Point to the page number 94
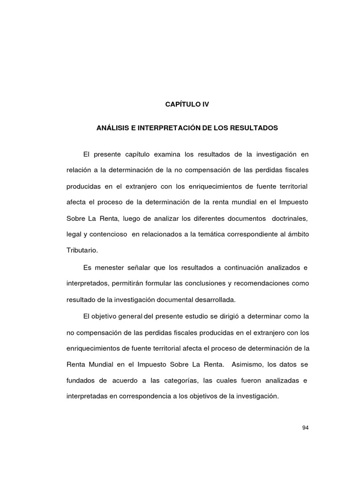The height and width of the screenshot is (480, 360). (x=306, y=427)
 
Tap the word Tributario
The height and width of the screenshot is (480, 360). (x=82, y=250)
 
